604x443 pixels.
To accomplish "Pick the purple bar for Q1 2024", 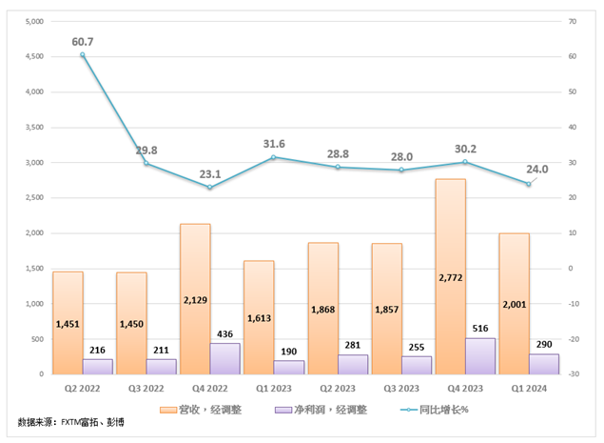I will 544,363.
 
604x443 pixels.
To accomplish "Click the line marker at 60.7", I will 83,54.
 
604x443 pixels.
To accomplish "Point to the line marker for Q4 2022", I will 210,187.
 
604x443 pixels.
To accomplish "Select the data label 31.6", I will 274,144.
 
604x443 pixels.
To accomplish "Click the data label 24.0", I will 537,169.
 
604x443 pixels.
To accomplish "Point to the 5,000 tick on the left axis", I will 32,22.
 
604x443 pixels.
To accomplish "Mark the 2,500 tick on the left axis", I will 32,198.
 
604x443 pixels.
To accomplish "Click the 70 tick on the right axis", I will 573,22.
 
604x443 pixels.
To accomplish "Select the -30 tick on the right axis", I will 573,374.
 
